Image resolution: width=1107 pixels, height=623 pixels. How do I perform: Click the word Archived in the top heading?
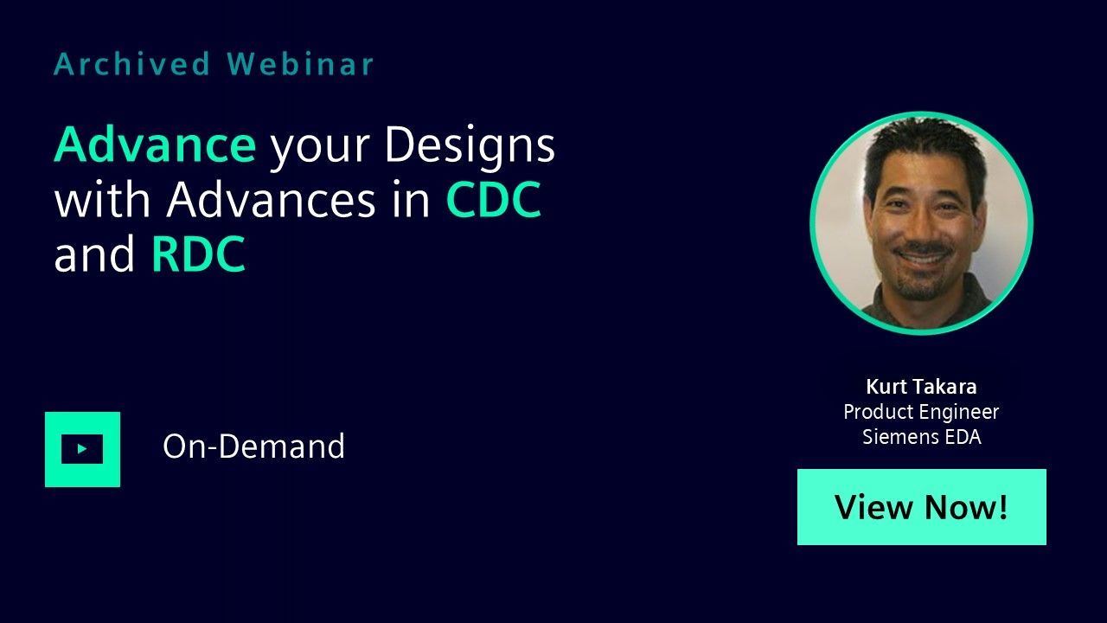[132, 64]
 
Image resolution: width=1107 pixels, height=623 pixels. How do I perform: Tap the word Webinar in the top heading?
[300, 64]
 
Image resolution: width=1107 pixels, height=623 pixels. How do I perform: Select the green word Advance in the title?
[155, 144]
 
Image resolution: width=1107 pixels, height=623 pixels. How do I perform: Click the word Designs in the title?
[470, 147]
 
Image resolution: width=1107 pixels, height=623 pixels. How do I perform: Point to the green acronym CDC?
[494, 199]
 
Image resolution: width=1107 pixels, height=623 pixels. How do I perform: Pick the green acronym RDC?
[198, 254]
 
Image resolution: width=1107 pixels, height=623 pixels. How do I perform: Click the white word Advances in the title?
[272, 199]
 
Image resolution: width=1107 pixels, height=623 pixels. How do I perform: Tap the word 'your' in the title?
[320, 150]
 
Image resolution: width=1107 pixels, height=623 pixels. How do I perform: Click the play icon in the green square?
[82, 449]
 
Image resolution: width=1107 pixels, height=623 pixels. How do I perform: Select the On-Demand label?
[253, 446]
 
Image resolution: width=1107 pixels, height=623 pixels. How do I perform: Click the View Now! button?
[922, 507]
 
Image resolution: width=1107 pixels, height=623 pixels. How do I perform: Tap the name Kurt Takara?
[922, 387]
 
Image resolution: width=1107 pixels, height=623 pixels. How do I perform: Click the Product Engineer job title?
[921, 412]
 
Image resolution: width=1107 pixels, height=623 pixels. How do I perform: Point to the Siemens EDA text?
[922, 437]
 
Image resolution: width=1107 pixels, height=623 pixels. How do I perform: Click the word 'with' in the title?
[102, 199]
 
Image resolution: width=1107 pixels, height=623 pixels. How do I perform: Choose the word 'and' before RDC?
[94, 254]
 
